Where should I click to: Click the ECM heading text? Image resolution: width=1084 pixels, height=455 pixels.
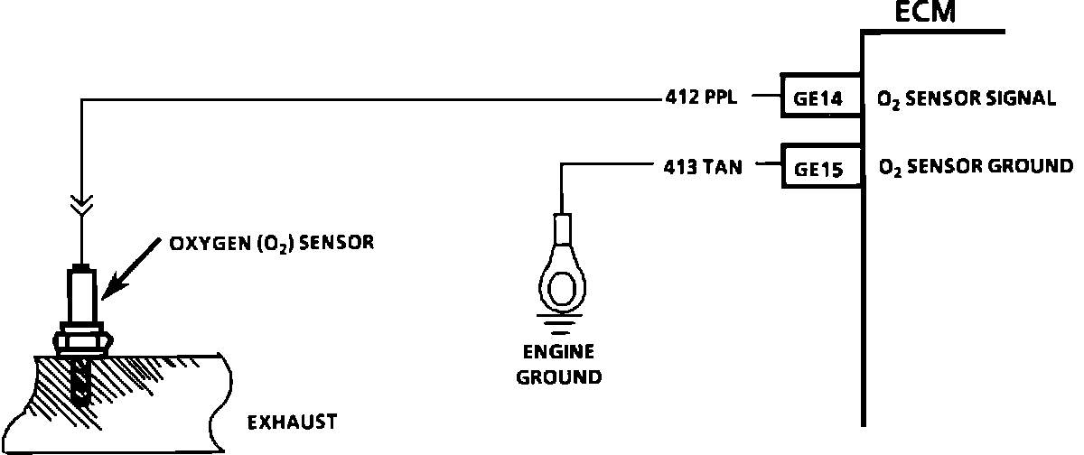tap(923, 14)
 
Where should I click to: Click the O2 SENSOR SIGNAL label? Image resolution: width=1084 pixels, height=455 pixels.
tap(966, 99)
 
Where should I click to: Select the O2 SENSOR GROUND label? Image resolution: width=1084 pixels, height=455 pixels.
tap(975, 166)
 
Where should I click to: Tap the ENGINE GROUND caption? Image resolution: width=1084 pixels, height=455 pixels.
tap(558, 365)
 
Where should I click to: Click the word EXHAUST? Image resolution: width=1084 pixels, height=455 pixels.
tap(292, 422)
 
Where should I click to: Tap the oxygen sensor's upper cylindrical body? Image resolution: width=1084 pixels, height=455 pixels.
tap(81, 293)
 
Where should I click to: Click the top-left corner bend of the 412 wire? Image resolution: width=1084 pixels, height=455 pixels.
tap(81, 97)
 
